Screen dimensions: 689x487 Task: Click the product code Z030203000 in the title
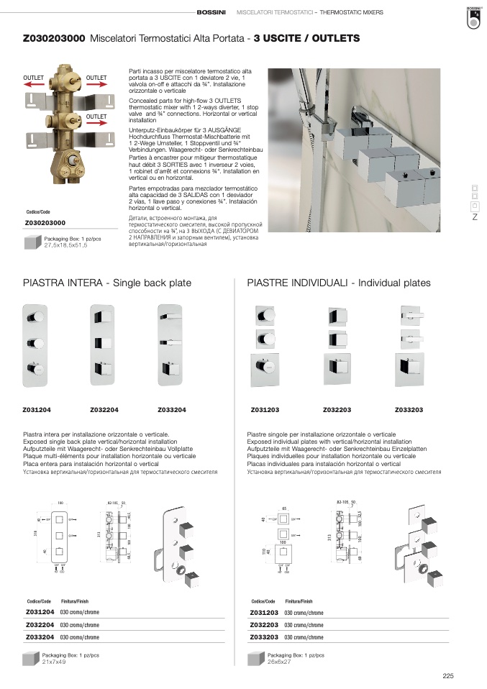click(55, 37)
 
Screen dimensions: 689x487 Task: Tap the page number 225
click(448, 675)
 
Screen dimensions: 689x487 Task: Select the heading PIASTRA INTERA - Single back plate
click(107, 283)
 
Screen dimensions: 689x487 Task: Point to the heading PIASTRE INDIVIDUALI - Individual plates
click(339, 283)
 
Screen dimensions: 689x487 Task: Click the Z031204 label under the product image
click(36, 409)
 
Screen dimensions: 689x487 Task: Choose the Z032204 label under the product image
click(104, 409)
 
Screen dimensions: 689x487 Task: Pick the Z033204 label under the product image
click(172, 409)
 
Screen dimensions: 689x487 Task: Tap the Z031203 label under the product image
click(265, 409)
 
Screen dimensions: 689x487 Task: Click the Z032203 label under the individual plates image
click(337, 409)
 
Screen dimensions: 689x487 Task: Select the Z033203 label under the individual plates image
click(409, 409)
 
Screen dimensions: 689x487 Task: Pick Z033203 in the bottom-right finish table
click(265, 636)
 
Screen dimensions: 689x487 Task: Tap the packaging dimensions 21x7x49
click(54, 662)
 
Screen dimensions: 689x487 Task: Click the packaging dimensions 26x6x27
click(279, 662)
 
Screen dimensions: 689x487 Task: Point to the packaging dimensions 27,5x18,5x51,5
click(65, 245)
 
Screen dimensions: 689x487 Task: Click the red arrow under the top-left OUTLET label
click(35, 84)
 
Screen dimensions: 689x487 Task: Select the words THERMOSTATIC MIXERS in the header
click(351, 13)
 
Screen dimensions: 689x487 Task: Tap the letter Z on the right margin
click(475, 217)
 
